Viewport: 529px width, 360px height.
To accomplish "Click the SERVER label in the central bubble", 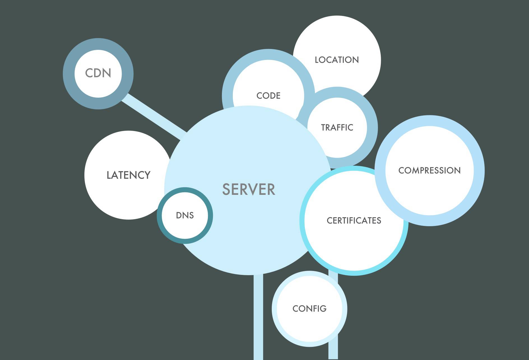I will coord(249,189).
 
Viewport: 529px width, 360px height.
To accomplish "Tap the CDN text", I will coord(98,73).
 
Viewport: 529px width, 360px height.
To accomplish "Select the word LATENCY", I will coord(128,175).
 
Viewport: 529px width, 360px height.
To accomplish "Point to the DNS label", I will coord(185,215).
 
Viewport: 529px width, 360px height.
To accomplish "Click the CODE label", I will coord(268,96).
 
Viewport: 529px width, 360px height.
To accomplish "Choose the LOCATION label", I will coord(337,60).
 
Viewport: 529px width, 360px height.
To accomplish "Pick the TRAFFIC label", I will coord(337,128).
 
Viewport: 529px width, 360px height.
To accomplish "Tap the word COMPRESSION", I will coord(429,170).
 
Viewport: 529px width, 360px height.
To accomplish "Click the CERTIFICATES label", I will coord(354,221).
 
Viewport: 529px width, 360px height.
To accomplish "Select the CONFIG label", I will coord(309,308).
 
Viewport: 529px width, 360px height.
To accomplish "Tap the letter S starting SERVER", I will coord(226,190).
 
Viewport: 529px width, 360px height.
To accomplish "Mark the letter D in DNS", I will coord(179,215).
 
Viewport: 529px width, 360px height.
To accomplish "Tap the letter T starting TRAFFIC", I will coord(324,128).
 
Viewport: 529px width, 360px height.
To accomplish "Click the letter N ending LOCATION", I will coord(355,60).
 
